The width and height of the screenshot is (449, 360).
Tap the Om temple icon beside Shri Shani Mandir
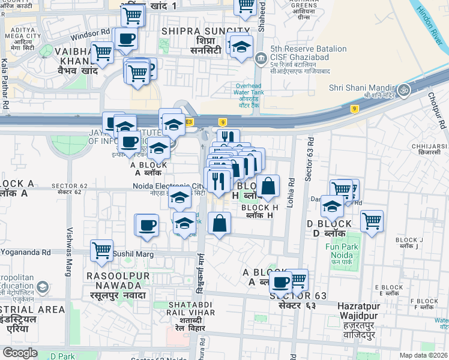405,90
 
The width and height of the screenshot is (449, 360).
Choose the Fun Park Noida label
342,251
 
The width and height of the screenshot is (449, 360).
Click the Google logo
20,353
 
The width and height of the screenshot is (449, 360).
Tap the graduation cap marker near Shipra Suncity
241,47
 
